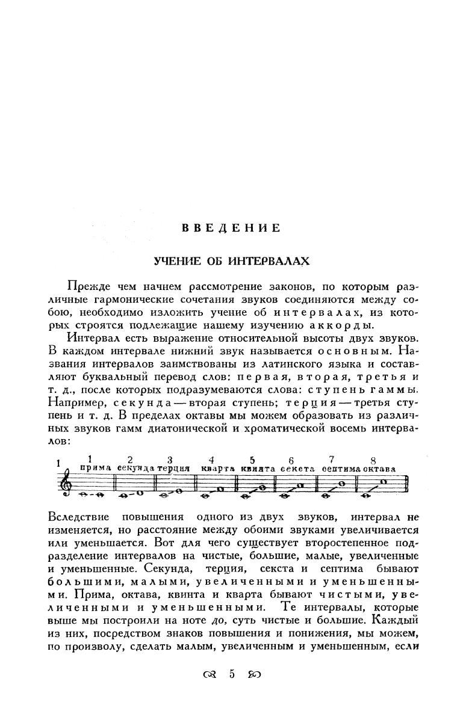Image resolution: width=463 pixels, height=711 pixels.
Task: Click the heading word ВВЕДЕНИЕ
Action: [231, 228]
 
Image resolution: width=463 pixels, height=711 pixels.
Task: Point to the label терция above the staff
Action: [174, 468]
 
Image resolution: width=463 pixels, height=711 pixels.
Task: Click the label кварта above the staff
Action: [217, 468]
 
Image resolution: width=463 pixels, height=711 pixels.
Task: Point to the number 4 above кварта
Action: [211, 460]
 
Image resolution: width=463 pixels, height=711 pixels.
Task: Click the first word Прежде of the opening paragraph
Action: [87, 285]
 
